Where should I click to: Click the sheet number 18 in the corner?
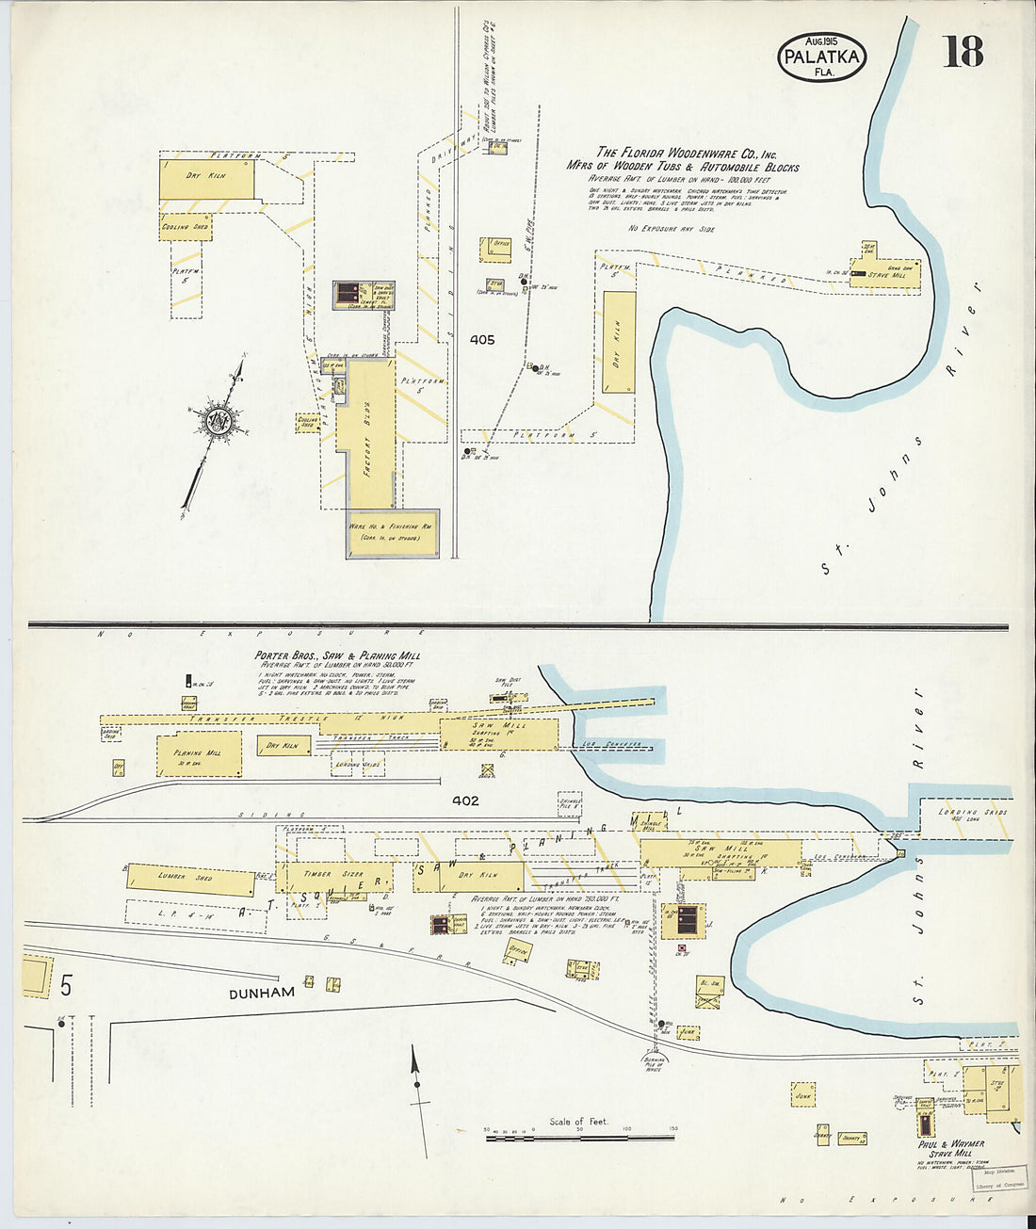pos(963,51)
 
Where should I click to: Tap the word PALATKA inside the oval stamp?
pos(821,57)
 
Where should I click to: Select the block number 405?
pos(481,339)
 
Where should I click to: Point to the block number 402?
pos(465,800)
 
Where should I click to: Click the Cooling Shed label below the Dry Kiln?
pos(185,227)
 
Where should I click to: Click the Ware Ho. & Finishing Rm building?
pos(392,533)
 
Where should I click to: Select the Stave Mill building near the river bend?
pos(891,274)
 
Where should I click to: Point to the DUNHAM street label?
pos(260,993)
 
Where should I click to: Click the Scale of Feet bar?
pos(580,1139)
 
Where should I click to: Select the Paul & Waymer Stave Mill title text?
pos(951,1148)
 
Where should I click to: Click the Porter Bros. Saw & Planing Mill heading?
pos(337,655)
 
